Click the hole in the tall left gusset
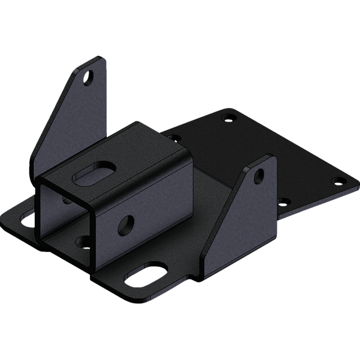coord(89,76)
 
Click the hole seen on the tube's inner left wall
coord(67,199)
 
